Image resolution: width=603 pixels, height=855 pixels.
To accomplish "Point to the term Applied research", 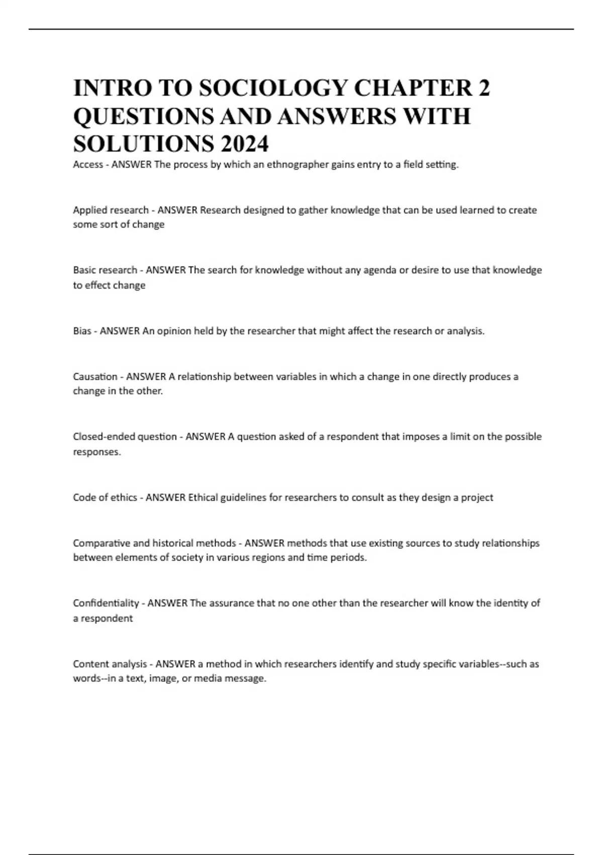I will point(111,210).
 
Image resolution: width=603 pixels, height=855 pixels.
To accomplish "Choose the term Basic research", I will point(105,270).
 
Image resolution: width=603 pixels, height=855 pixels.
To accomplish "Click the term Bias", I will point(82,331).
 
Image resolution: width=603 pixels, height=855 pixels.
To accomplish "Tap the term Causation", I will point(95,376).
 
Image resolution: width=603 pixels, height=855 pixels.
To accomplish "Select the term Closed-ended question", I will point(125,437).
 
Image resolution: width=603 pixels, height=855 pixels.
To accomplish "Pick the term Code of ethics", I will point(105,497).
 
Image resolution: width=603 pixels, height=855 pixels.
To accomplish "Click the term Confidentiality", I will point(106,603).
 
